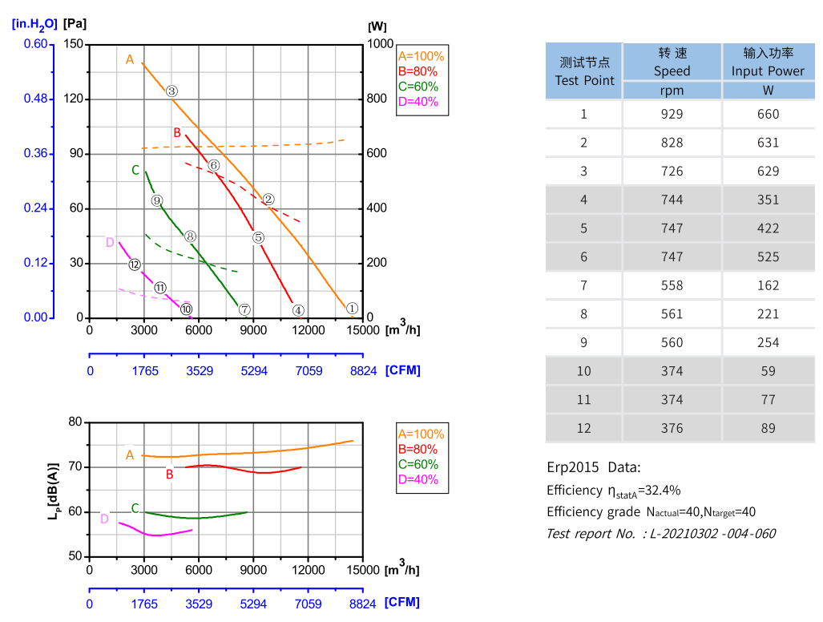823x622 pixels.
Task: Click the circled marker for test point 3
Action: pyautogui.click(x=171, y=91)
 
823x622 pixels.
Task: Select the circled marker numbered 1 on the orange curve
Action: pyautogui.click(x=352, y=309)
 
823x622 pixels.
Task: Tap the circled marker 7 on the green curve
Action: pyautogui.click(x=244, y=310)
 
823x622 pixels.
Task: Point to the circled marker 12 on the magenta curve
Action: pyautogui.click(x=135, y=265)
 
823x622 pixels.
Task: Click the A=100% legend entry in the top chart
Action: pyautogui.click(x=421, y=56)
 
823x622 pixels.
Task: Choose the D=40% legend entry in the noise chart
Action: pyautogui.click(x=418, y=480)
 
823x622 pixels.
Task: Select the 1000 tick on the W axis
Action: pyautogui.click(x=381, y=44)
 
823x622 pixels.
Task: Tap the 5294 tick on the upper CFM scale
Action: pyautogui.click(x=254, y=370)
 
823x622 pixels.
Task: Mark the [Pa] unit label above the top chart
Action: pyautogui.click(x=75, y=23)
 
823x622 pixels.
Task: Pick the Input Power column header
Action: pyautogui.click(x=768, y=62)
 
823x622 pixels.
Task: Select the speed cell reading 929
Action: pyautogui.click(x=672, y=114)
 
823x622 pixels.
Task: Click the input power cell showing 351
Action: pyautogui.click(x=768, y=200)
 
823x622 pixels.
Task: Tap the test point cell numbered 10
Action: pyautogui.click(x=583, y=371)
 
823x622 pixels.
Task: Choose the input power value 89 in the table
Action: pyautogui.click(x=768, y=428)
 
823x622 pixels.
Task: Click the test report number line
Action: pyautogui.click(x=661, y=533)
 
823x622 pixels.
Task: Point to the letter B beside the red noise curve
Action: pyautogui.click(x=169, y=475)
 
